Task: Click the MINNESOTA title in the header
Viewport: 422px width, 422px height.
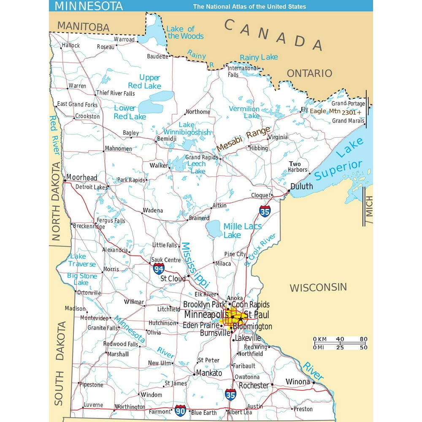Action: [x=89, y=6]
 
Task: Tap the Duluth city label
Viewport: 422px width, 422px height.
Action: [x=302, y=186]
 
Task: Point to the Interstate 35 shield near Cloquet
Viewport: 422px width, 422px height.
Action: [x=265, y=211]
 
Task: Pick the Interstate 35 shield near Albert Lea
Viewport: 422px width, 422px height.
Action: [x=230, y=395]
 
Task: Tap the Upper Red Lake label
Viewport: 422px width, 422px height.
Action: [x=145, y=81]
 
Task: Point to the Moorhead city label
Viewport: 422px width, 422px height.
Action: [x=81, y=178]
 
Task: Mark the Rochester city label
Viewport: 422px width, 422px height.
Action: [x=254, y=385]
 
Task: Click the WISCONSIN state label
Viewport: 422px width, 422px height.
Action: [x=318, y=288]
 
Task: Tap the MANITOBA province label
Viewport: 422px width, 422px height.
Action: [x=83, y=27]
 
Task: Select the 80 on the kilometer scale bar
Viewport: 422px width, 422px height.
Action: [x=363, y=339]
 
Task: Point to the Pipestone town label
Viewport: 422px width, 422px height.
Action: [x=92, y=385]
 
